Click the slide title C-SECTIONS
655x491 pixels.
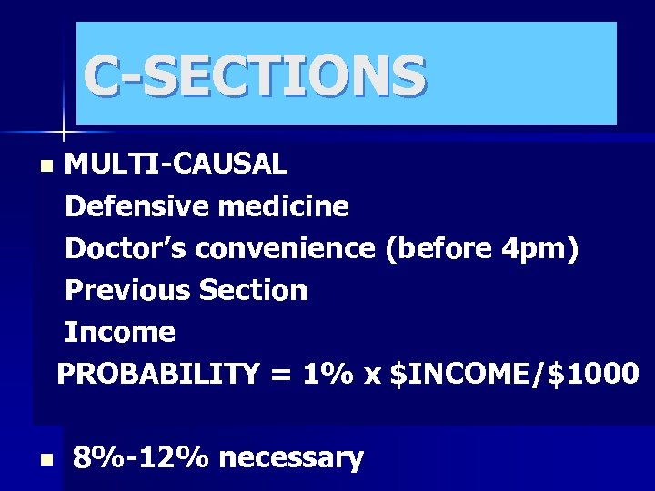click(x=254, y=75)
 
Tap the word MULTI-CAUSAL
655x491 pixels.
click(x=176, y=164)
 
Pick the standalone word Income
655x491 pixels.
click(x=120, y=332)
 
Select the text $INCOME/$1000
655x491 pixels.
click(x=514, y=374)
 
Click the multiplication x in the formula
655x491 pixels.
click(x=371, y=374)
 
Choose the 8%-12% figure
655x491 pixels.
click(x=141, y=457)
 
